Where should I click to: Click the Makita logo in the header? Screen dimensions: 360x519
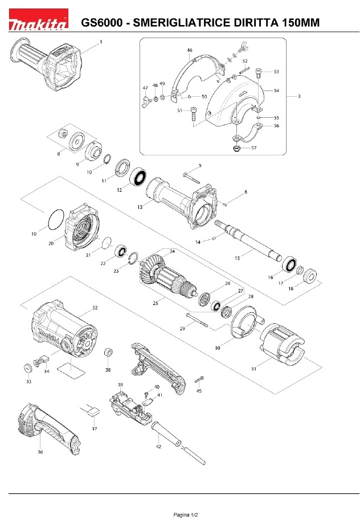coord(38,19)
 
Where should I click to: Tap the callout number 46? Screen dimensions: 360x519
coord(190,50)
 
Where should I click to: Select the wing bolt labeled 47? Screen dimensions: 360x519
coord(146,101)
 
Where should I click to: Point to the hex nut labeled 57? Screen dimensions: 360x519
coord(236,148)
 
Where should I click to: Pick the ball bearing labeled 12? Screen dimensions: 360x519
coord(138,177)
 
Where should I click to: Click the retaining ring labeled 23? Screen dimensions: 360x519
coord(133,258)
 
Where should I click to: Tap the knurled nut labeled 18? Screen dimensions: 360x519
coord(310,276)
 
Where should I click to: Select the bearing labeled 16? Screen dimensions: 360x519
coord(289,265)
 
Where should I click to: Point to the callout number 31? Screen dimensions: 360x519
coord(253,369)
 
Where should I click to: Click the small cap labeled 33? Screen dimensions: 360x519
coord(27,368)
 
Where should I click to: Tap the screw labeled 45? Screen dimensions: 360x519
coord(199,380)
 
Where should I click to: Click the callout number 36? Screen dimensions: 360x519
coord(40,452)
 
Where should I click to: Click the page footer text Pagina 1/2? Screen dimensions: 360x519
coord(186,514)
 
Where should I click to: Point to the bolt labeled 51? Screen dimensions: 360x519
coord(194,114)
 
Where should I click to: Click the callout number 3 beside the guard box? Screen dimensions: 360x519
coord(299,96)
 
